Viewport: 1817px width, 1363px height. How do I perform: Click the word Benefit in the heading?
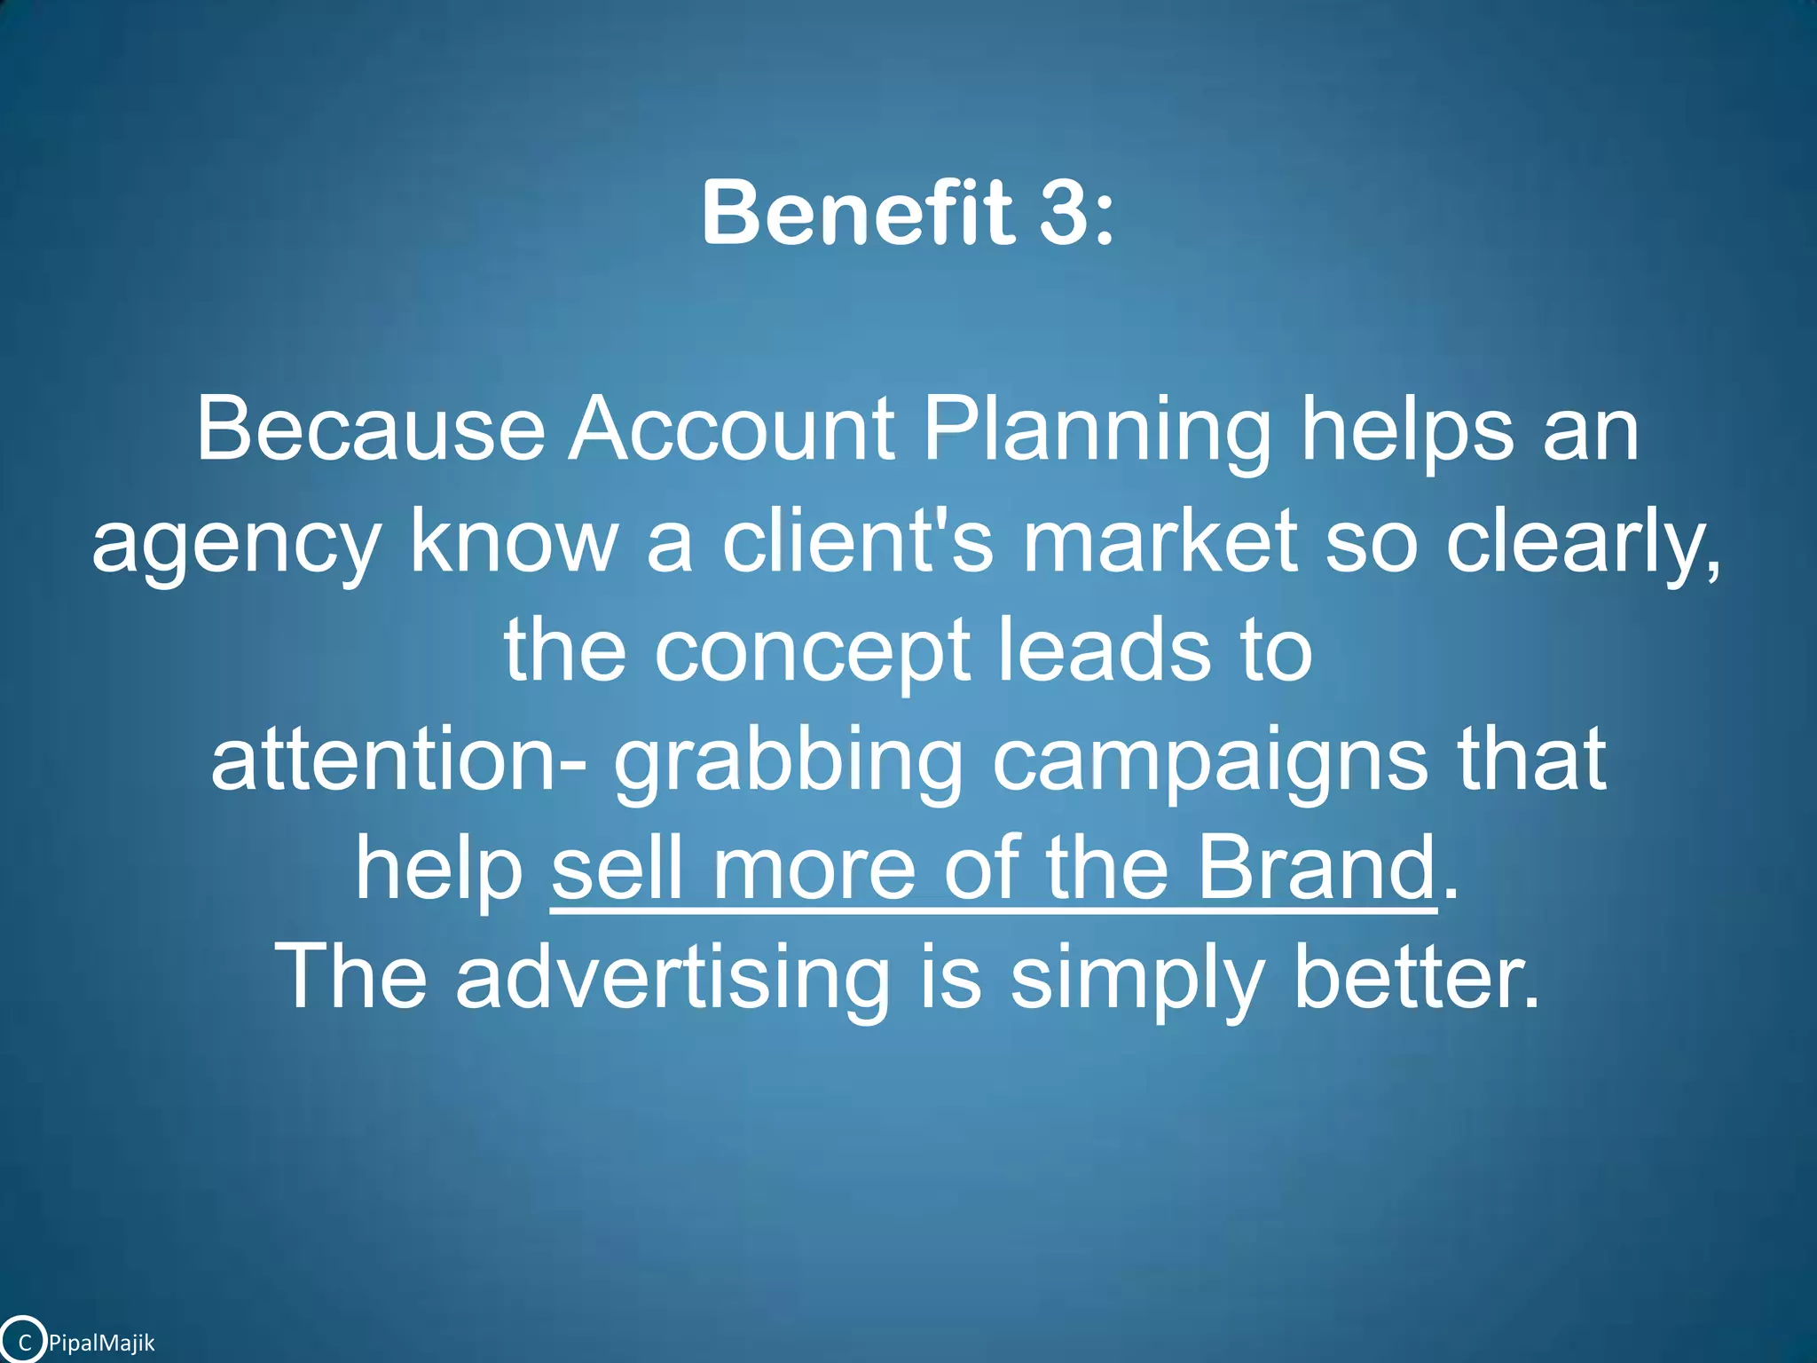click(x=856, y=213)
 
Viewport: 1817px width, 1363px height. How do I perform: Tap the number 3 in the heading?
click(x=1063, y=213)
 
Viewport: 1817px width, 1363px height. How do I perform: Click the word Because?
click(x=370, y=429)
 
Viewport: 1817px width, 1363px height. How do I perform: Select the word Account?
click(x=731, y=429)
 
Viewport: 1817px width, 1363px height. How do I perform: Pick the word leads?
click(x=1102, y=650)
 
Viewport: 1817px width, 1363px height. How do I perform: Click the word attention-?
click(x=398, y=760)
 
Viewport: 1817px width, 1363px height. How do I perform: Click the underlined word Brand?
click(x=1317, y=868)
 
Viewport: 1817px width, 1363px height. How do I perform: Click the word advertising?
click(x=673, y=978)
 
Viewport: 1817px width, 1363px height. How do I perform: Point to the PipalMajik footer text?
click(x=102, y=1343)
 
